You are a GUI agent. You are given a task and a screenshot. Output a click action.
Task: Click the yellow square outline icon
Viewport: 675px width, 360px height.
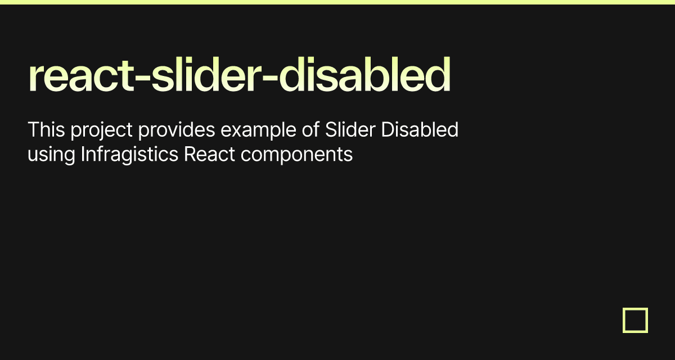click(635, 320)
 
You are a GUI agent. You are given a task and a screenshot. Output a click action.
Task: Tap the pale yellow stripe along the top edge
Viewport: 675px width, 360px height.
click(337, 2)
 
